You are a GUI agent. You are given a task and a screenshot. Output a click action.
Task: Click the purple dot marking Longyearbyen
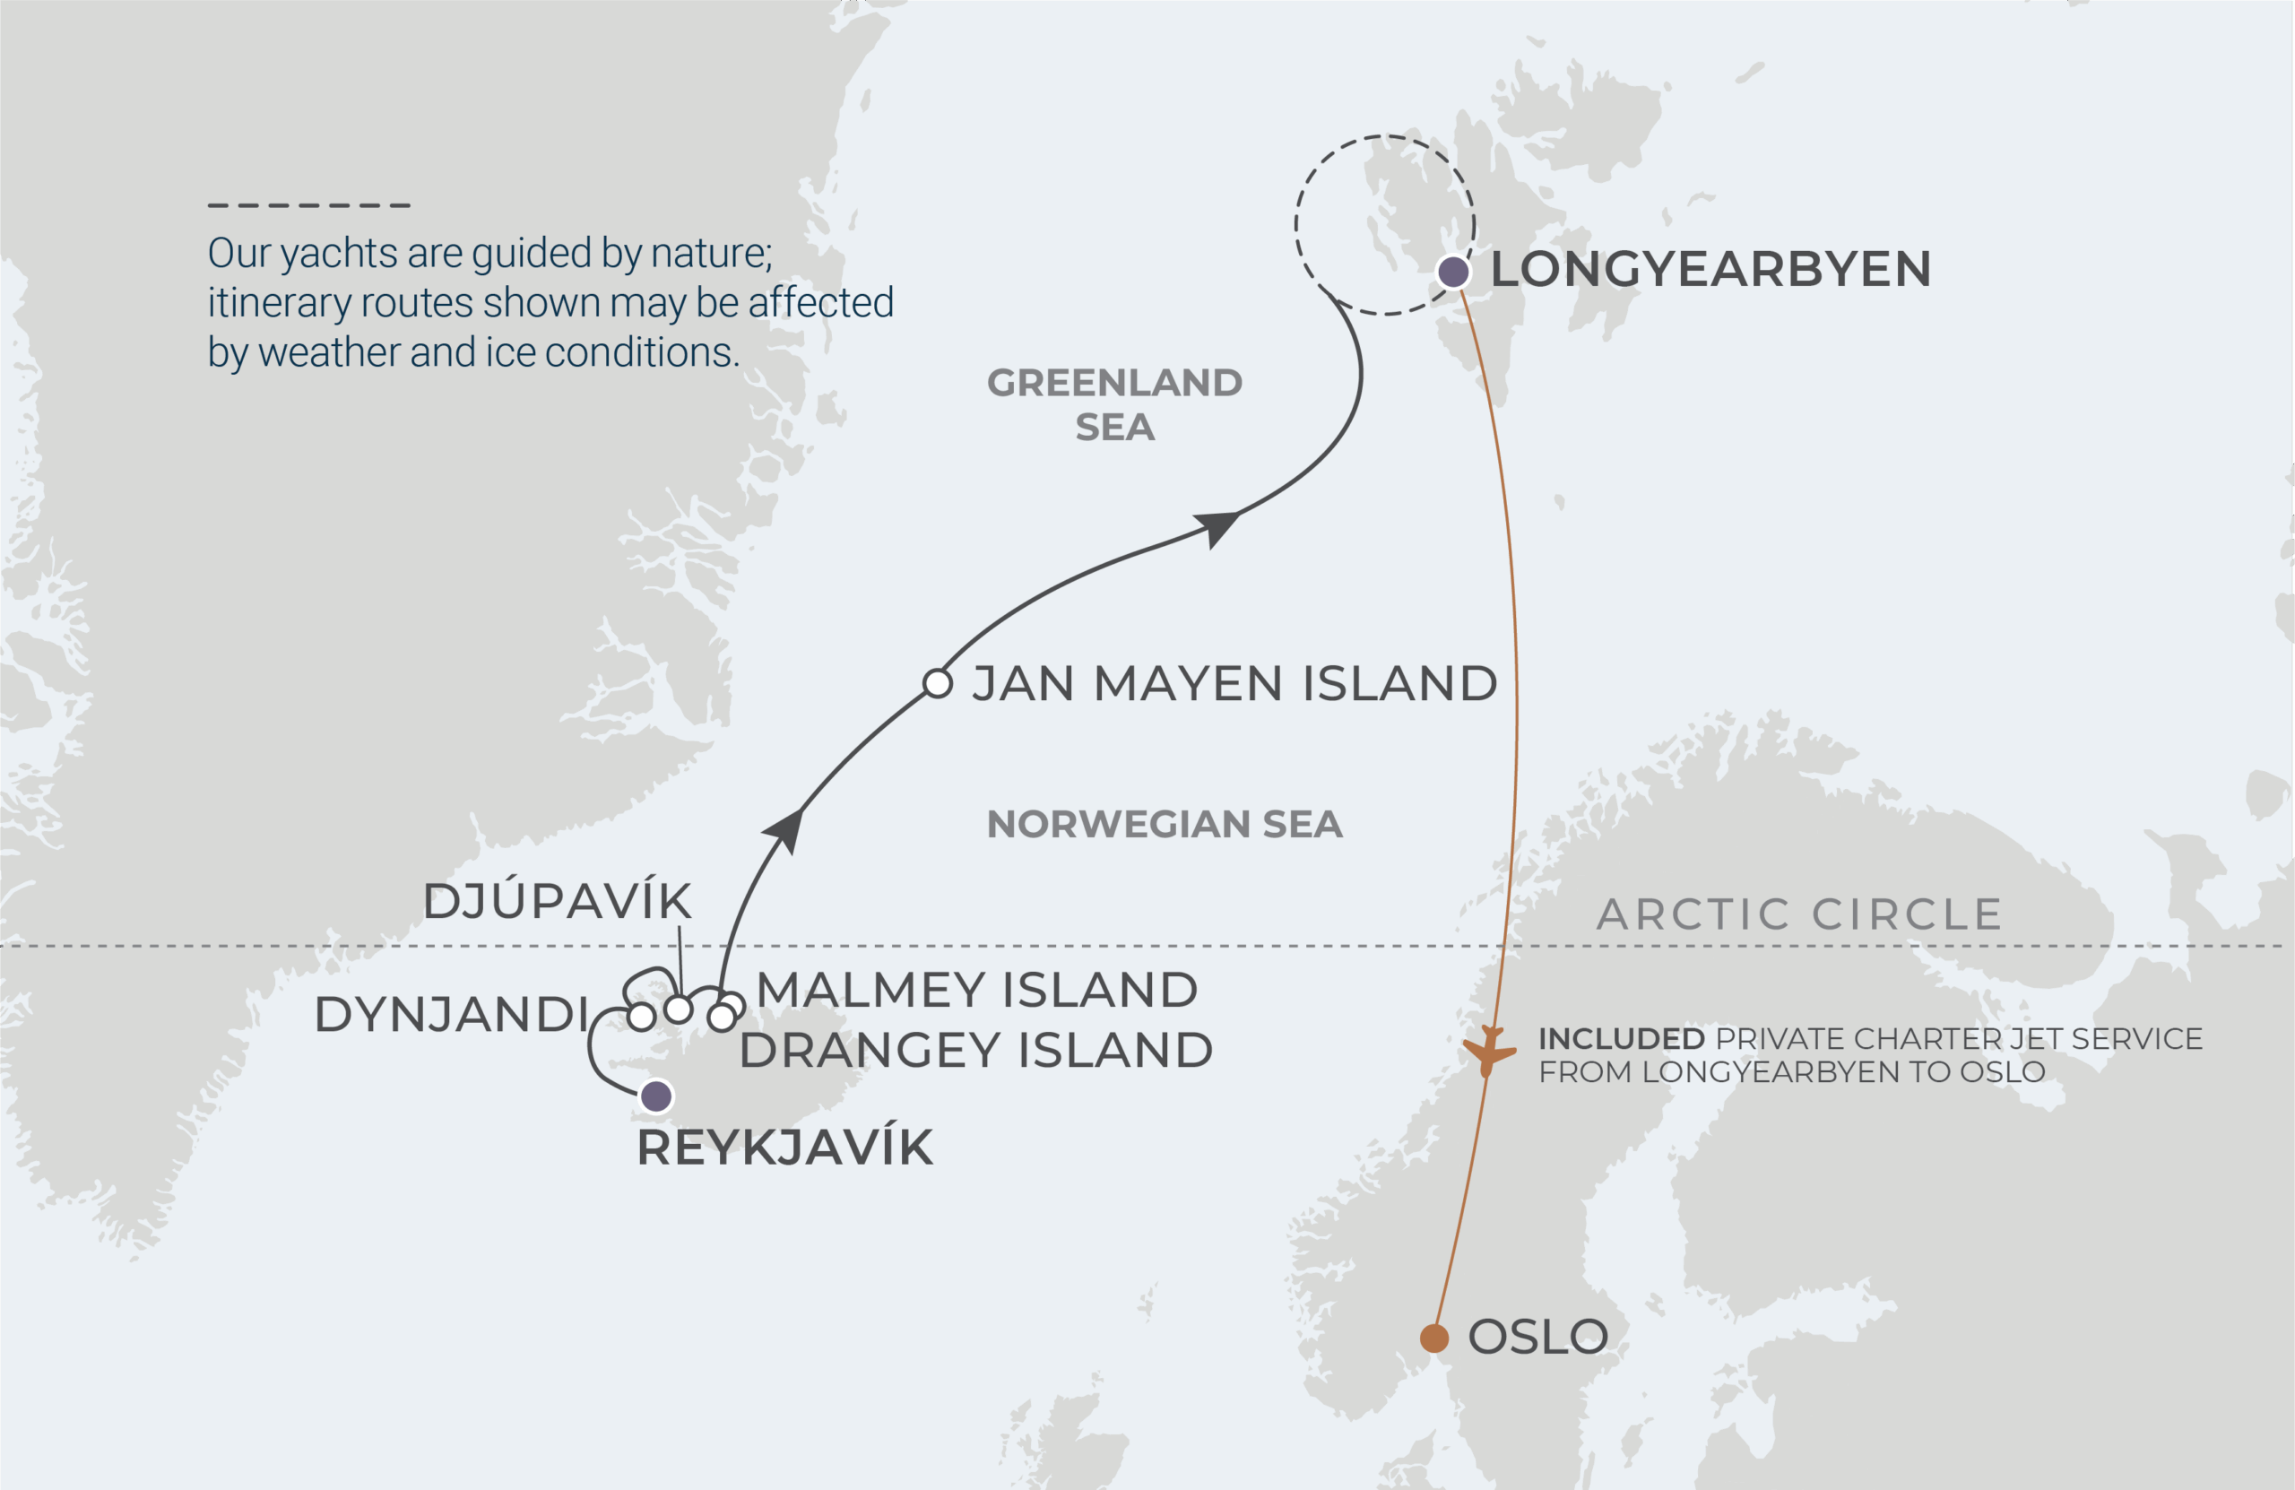click(1453, 272)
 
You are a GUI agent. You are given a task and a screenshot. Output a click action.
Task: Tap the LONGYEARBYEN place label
click(1710, 269)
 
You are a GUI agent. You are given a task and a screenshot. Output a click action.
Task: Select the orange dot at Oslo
click(1433, 1338)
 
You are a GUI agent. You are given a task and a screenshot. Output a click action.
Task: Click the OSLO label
click(1538, 1338)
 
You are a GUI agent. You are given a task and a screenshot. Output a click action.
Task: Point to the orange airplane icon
click(1488, 1052)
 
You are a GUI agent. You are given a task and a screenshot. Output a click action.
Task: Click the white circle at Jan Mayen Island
click(938, 684)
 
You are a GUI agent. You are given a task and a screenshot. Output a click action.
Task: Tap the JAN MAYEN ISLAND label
click(1234, 684)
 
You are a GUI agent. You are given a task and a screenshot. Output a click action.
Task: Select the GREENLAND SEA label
click(1114, 405)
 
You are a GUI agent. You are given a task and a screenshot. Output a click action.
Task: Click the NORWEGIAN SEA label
click(1164, 825)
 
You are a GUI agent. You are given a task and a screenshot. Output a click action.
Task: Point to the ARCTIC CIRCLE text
click(1799, 914)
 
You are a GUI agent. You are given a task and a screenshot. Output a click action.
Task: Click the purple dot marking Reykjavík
click(657, 1096)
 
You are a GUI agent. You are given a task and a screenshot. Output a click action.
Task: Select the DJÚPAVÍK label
click(558, 902)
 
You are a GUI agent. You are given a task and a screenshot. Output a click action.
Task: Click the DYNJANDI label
click(451, 1015)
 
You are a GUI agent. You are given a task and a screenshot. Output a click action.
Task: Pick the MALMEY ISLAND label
click(977, 991)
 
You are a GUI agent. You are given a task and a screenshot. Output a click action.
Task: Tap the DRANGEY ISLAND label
click(976, 1050)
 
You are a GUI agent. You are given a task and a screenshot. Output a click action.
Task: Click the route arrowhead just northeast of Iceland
click(786, 828)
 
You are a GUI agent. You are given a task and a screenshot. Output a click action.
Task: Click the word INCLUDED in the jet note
click(1621, 1039)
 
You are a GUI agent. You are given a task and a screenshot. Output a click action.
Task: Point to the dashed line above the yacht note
click(309, 205)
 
